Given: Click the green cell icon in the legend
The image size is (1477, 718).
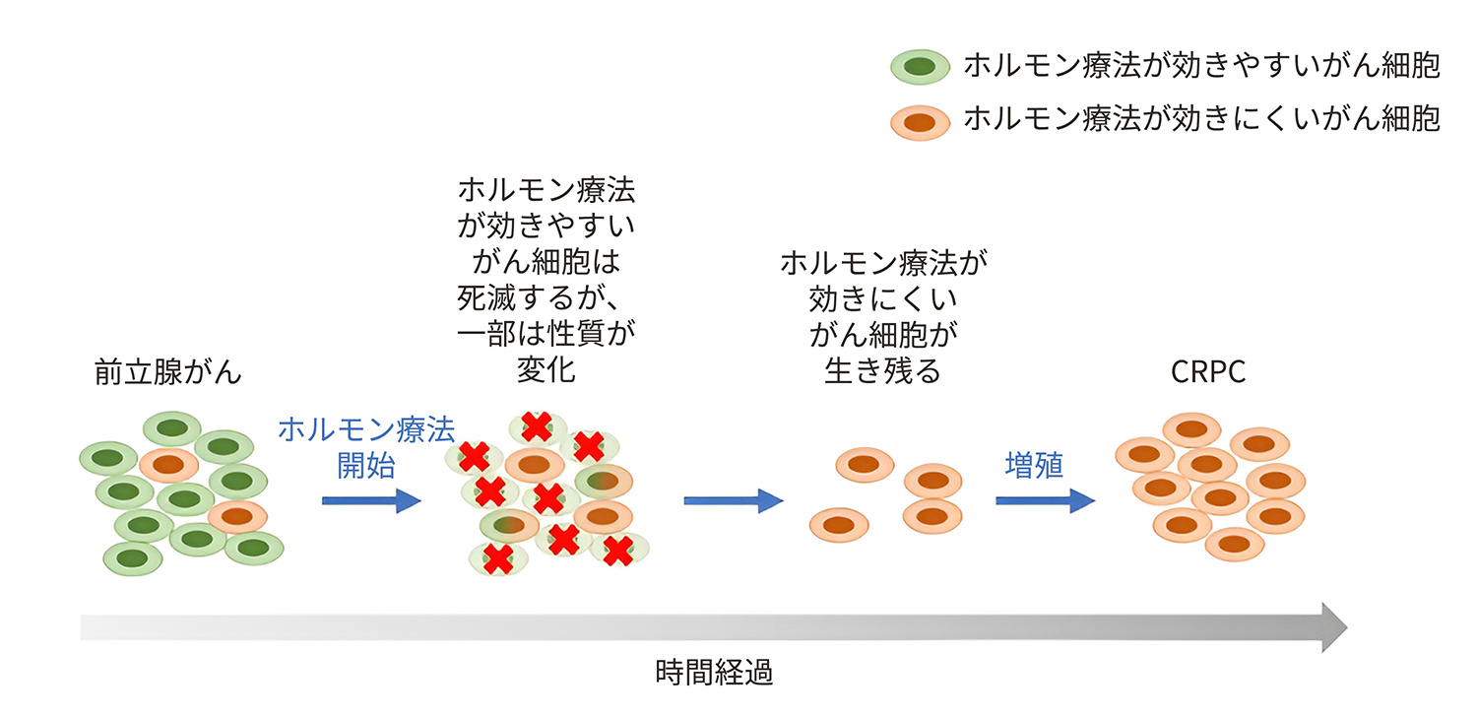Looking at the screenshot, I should coord(920,67).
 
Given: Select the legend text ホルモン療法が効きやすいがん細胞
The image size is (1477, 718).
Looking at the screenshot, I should coord(1201,66).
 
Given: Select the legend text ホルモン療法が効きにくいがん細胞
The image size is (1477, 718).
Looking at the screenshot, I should coord(1201,120).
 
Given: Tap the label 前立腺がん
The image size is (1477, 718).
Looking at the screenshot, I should coord(168,373).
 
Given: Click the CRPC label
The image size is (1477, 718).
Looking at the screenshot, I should coord(1208,373).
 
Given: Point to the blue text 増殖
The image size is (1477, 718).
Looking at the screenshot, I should coord(1034,465).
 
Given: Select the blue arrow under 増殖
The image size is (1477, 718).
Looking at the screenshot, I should coord(1045,500).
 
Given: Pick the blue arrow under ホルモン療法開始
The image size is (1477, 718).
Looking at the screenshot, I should coord(371,500).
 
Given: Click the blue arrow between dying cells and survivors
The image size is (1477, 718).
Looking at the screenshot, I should coord(733,500).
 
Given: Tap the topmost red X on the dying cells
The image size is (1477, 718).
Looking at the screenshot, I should coord(537,425).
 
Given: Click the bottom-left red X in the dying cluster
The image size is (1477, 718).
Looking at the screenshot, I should coord(498,558).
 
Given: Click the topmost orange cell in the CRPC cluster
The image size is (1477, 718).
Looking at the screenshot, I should coord(1191,429).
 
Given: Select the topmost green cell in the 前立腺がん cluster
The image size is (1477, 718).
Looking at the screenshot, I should coord(172,427).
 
